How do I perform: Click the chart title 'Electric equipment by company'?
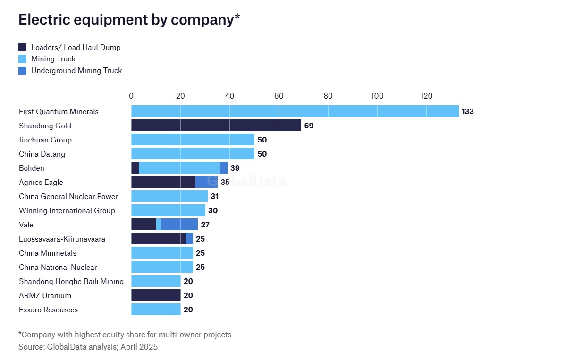point(129,19)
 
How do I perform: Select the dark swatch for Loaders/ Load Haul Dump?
point(23,47)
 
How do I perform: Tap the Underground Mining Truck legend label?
point(76,71)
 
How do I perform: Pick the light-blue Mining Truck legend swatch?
point(23,59)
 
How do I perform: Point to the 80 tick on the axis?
point(328,96)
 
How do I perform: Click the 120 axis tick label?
point(426,96)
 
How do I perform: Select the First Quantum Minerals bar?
point(295,111)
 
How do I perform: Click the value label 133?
point(467,112)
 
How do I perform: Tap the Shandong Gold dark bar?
point(216,126)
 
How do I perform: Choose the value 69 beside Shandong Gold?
point(309,126)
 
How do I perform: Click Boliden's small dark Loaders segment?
point(135,168)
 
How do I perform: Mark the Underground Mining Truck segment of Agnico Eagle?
point(206,182)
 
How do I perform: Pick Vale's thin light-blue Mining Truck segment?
point(159,225)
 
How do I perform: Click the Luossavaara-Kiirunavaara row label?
point(62,239)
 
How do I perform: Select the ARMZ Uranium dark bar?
point(156,295)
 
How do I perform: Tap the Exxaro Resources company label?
point(48,310)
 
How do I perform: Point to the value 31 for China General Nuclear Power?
point(215,197)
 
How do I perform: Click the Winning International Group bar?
point(168,210)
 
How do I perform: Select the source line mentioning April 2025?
point(88,347)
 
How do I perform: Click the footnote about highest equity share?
point(125,335)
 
